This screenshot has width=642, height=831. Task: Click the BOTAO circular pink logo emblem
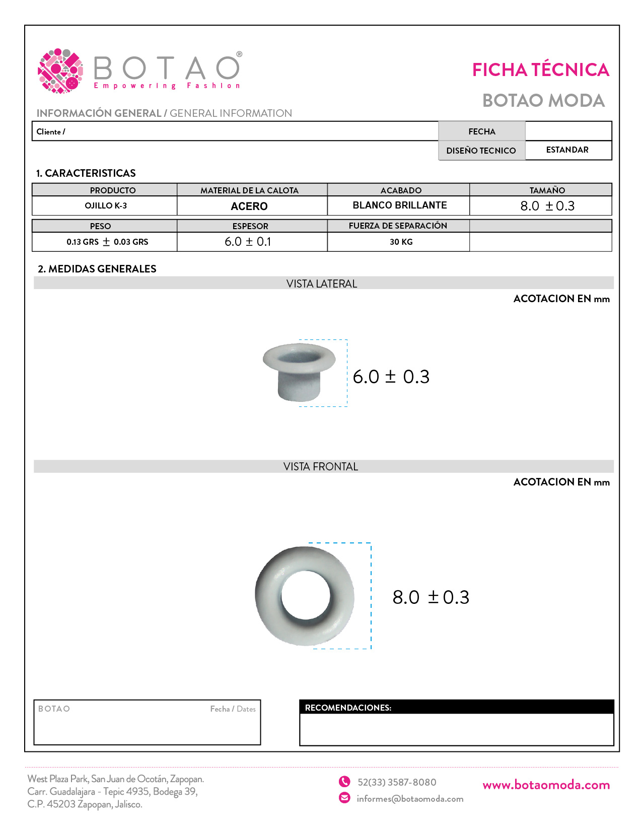(60, 71)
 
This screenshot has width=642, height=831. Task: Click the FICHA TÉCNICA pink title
(540, 70)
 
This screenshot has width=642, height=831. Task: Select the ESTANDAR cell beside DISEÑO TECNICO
(567, 150)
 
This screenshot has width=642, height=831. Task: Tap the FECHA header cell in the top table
(481, 131)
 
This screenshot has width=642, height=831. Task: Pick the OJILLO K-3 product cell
(105, 205)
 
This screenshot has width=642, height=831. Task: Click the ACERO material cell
(249, 206)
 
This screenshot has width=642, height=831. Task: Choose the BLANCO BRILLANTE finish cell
(400, 205)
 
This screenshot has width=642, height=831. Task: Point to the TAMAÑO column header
(547, 190)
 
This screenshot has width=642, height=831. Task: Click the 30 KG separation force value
(401, 242)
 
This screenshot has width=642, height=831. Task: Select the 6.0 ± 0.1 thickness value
(248, 242)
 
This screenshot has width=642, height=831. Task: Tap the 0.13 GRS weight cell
(107, 242)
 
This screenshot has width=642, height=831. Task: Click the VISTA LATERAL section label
(322, 284)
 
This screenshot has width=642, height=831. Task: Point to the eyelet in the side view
(299, 372)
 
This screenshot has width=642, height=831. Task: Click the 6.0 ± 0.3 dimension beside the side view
(391, 377)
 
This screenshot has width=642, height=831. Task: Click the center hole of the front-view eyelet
(306, 596)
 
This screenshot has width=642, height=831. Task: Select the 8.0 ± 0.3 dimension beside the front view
(431, 597)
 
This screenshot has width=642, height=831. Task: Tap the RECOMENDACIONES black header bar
(456, 707)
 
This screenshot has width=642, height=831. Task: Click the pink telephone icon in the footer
(344, 782)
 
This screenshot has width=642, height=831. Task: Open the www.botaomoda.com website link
(546, 785)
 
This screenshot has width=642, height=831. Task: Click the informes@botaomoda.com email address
(410, 799)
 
